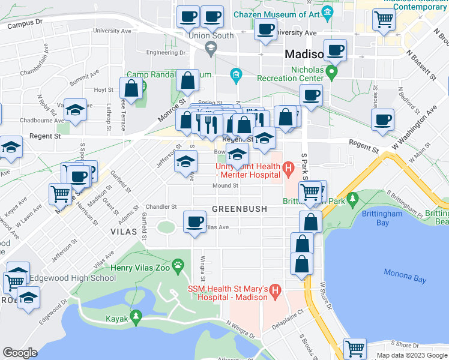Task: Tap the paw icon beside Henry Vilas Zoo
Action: (178, 265)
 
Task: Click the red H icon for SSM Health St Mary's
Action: (276, 291)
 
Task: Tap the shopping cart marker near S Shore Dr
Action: (355, 348)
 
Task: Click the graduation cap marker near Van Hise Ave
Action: (75, 110)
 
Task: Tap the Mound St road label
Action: (226, 185)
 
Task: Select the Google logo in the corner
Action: (20, 353)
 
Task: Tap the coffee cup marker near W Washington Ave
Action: (382, 120)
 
